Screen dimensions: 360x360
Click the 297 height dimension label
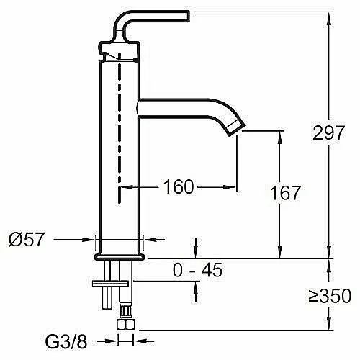tap(329, 132)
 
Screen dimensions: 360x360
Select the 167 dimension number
tap(285, 193)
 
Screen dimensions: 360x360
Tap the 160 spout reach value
tap(179, 186)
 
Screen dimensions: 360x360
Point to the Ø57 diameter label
tap(27, 239)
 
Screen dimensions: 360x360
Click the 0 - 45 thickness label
tap(197, 270)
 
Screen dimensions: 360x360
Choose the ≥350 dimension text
tap(330, 296)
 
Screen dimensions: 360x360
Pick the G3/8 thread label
tap(66, 341)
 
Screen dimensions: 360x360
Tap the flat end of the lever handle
tap(189, 17)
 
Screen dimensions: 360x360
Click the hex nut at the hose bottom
tap(125, 324)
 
